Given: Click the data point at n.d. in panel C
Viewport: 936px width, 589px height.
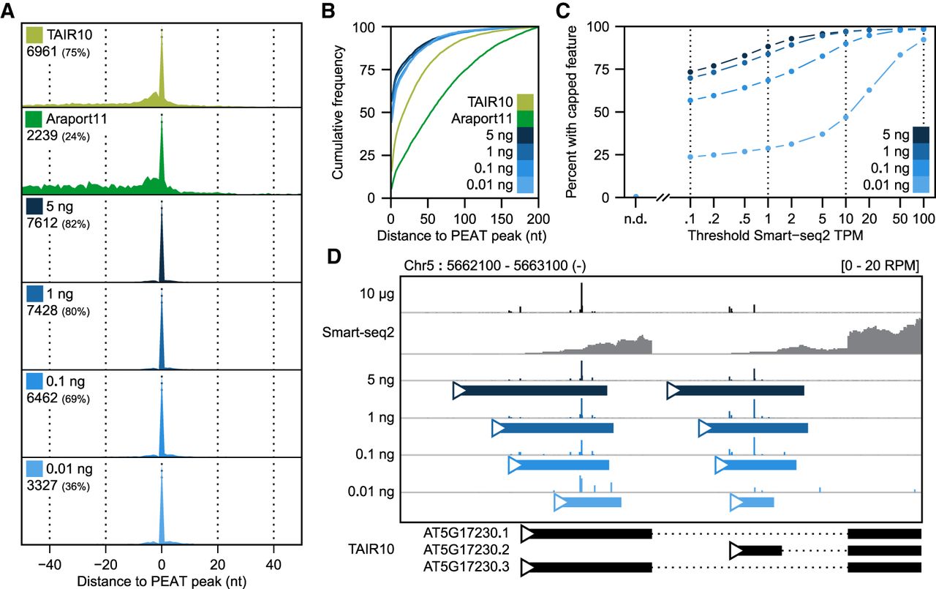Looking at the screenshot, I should pyautogui.click(x=636, y=197).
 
